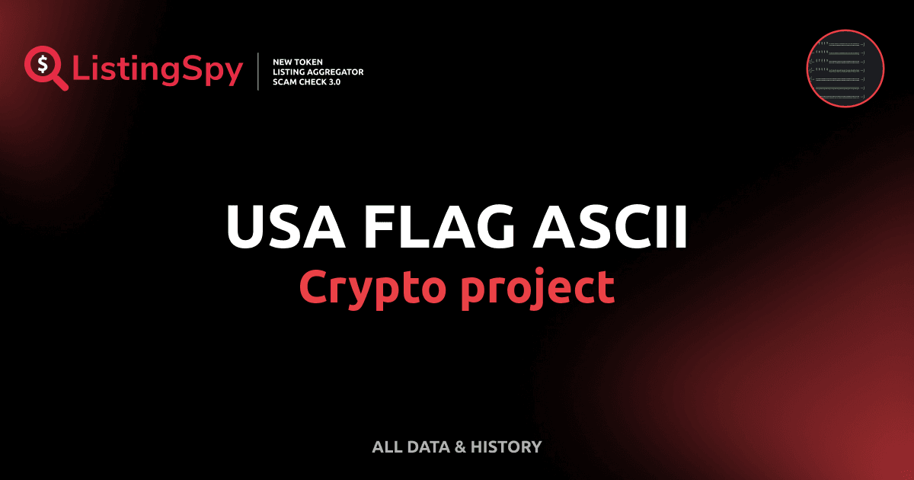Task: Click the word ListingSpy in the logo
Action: [x=158, y=70]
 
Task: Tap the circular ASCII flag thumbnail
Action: [x=845, y=69]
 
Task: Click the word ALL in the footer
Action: [x=387, y=447]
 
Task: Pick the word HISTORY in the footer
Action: [x=506, y=447]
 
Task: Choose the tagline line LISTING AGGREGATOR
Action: [x=318, y=72]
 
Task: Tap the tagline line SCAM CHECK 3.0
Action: [x=306, y=82]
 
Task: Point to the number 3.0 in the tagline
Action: [x=333, y=82]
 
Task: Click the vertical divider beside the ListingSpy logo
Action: [x=259, y=71]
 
